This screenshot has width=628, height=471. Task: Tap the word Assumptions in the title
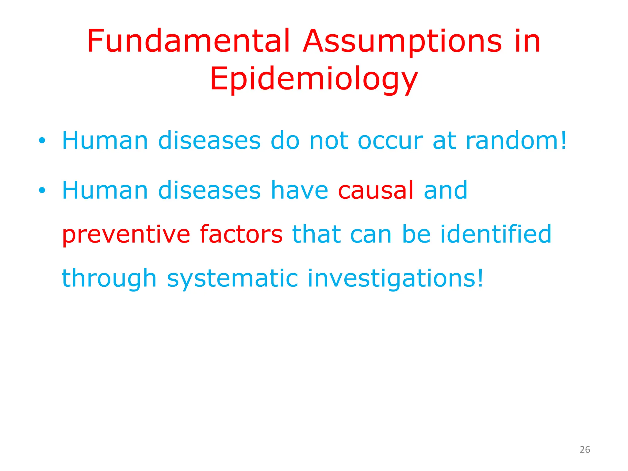click(x=402, y=41)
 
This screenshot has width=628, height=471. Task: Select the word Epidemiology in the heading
click(x=314, y=79)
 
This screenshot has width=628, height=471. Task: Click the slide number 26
click(x=585, y=450)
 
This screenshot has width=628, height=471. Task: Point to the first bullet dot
click(x=42, y=141)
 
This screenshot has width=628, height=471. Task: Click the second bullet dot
click(x=42, y=190)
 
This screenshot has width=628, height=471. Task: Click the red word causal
click(x=376, y=190)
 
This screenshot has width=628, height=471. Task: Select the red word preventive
click(x=126, y=235)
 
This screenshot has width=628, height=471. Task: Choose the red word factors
click(x=241, y=234)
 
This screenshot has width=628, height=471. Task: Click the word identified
click(x=496, y=234)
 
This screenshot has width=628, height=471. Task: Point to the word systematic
click(x=232, y=278)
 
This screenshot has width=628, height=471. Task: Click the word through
click(x=109, y=278)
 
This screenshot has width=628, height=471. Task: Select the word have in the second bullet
click(x=299, y=190)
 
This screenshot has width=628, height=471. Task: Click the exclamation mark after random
click(x=563, y=141)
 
